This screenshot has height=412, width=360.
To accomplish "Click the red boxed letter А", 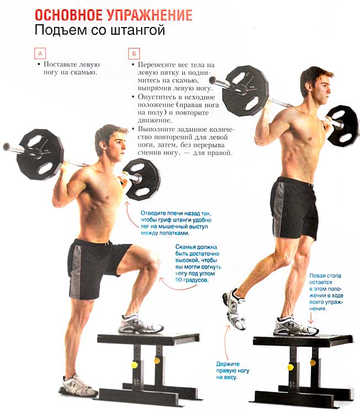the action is (40, 53).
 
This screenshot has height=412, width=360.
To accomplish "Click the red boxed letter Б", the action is (134, 54).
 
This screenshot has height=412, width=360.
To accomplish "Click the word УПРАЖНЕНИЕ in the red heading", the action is (150, 15).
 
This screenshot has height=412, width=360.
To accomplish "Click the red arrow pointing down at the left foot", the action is (311, 317).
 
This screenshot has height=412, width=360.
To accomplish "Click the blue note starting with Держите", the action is (233, 371).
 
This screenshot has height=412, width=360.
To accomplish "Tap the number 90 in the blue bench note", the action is (179, 280).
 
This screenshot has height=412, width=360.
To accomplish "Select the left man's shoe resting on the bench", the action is (141, 324).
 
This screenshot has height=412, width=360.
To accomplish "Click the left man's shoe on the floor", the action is (78, 386).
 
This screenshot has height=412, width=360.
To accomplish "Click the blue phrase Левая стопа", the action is (325, 276).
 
